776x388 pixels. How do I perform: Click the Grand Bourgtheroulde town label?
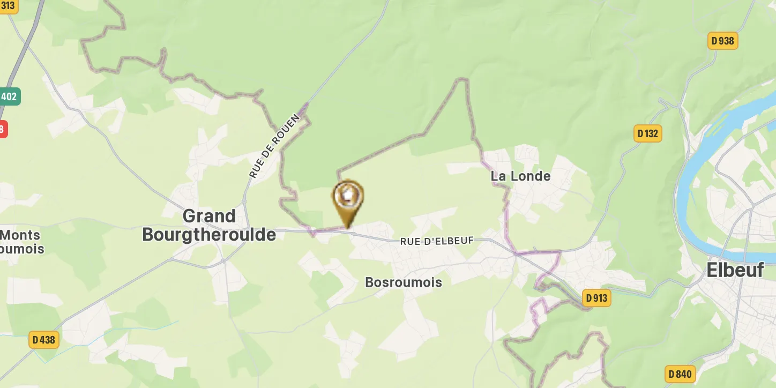click(x=209, y=226)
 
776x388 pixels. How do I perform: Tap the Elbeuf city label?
click(x=735, y=270)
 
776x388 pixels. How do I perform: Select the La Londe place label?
click(x=520, y=176)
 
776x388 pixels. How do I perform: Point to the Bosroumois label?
click(x=404, y=282)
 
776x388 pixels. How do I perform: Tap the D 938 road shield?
click(x=723, y=41)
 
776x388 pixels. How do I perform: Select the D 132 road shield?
click(x=647, y=133)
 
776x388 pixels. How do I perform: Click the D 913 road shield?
click(x=596, y=297)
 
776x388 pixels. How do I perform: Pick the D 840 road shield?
click(x=680, y=374)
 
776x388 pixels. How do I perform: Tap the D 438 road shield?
click(x=43, y=339)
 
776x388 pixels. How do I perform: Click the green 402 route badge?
click(x=9, y=96)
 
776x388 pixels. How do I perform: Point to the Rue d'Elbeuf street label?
click(x=437, y=241)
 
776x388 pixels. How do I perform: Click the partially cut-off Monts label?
click(x=20, y=235)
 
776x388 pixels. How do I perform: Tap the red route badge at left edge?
click(x=3, y=129)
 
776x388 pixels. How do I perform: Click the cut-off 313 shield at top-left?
click(x=8, y=5)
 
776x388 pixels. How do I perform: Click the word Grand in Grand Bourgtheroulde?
click(x=209, y=217)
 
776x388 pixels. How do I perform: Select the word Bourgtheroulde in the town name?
click(x=209, y=235)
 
